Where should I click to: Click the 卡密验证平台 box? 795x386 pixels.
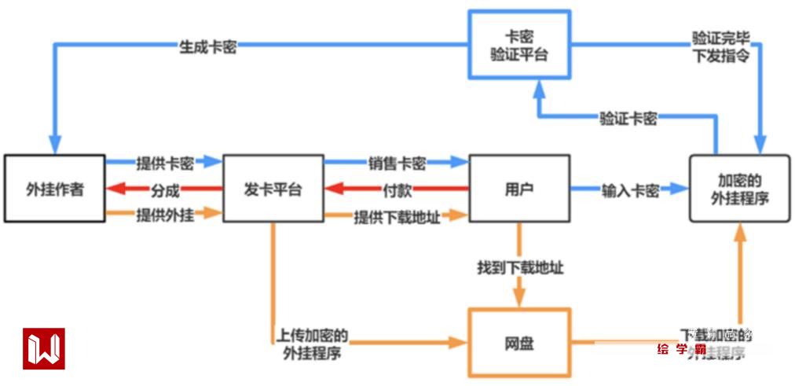pos(519,45)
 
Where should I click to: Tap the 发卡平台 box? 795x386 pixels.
pos(273,189)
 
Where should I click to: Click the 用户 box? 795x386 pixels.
pos(518,189)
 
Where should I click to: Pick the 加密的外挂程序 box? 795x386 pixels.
pos(739,189)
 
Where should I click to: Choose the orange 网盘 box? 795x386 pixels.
pos(518,343)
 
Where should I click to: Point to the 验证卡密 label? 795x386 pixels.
pos(628,119)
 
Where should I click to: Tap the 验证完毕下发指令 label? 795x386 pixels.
pos(720,46)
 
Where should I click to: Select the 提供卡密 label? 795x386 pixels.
pos(165,163)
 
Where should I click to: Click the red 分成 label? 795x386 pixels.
pos(165,189)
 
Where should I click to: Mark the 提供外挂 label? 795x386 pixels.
pos(165,214)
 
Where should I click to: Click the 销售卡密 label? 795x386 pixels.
pos(397,164)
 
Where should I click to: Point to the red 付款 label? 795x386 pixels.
pos(397,189)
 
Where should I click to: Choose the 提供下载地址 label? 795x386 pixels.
pos(397,217)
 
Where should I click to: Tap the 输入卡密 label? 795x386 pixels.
pos(630,190)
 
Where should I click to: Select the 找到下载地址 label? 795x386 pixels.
pos(520,268)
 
